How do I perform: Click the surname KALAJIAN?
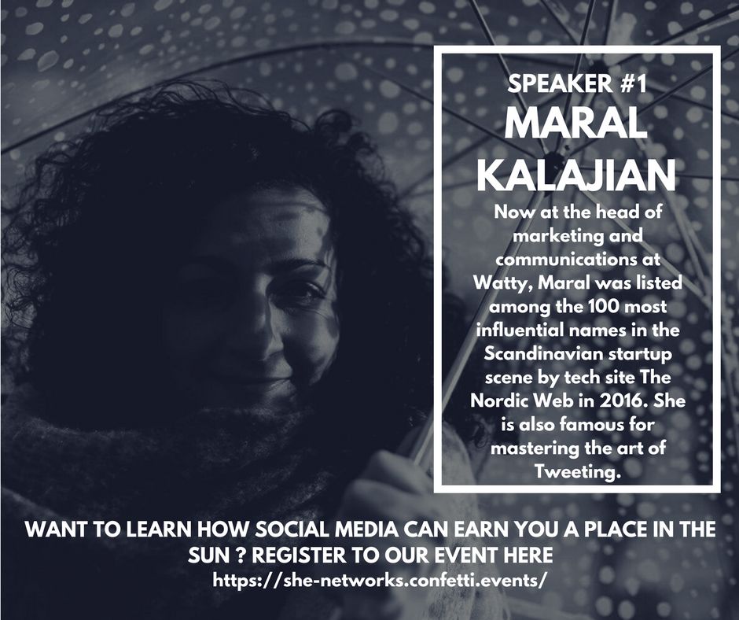[x=576, y=175]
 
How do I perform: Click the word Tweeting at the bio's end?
[x=576, y=471]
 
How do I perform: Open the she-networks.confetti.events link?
[x=380, y=579]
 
